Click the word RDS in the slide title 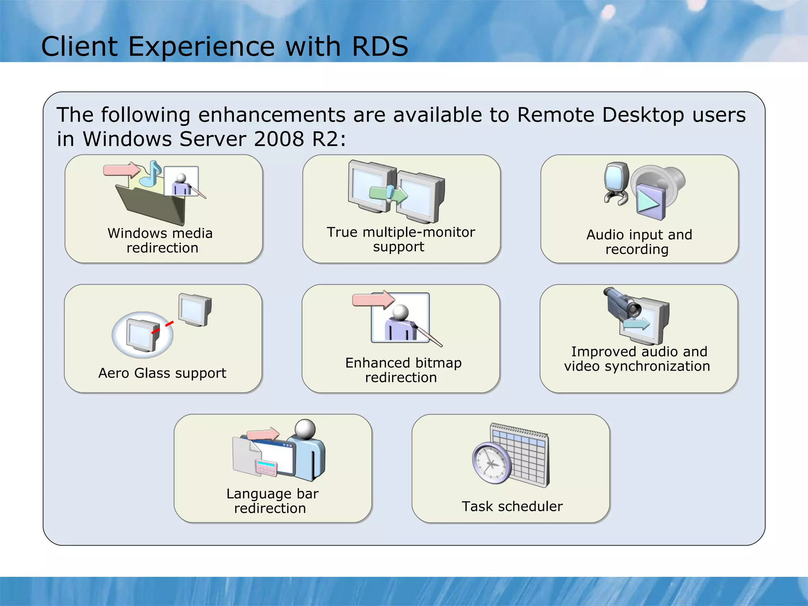380,47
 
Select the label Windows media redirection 161,240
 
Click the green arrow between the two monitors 388,194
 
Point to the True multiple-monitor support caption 400,239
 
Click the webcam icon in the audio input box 616,182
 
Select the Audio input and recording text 639,241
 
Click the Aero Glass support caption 162,373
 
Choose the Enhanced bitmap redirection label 402,370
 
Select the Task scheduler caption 512,506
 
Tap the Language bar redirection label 271,501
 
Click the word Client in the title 79,47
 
